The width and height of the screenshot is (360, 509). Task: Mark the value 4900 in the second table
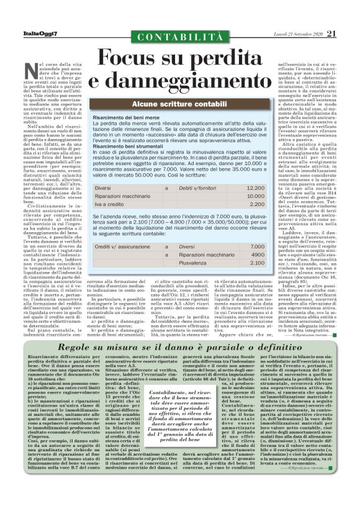(258, 254)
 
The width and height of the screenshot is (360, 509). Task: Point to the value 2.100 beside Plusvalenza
(256, 263)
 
